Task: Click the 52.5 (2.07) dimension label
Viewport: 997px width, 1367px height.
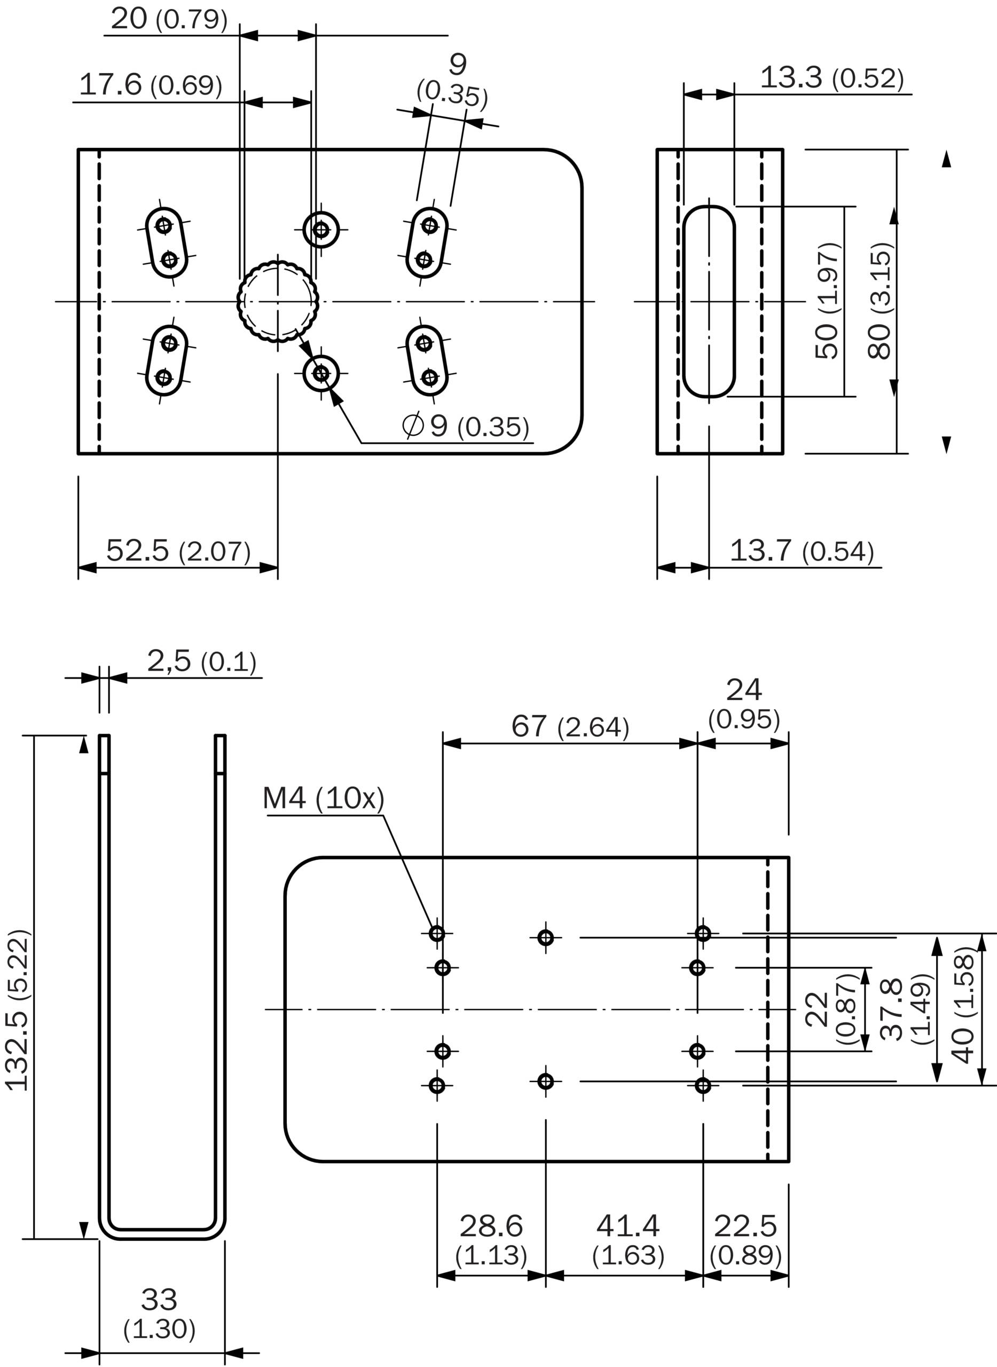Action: [178, 551]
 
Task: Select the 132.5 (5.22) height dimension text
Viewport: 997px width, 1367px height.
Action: [18, 1011]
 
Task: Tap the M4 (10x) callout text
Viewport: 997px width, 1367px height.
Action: [324, 798]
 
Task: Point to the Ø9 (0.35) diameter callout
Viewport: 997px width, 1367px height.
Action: [465, 426]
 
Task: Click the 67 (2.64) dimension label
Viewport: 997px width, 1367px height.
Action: [570, 726]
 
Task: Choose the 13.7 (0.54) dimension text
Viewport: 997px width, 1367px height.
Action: [802, 551]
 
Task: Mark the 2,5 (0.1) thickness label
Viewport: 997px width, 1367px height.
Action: [201, 661]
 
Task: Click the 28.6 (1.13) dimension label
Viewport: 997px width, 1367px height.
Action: [491, 1240]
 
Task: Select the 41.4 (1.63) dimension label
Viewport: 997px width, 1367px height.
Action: [628, 1240]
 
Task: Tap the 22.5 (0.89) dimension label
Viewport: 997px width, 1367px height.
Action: [746, 1240]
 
